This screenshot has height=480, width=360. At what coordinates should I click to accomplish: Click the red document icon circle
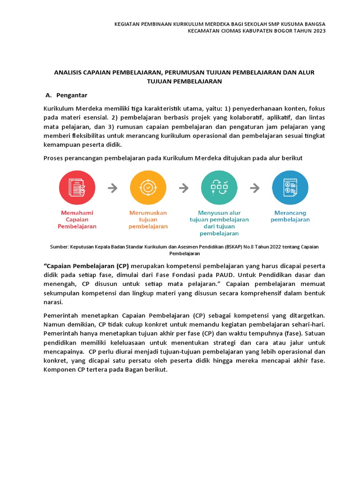click(77, 188)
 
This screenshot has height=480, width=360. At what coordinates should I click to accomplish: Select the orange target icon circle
click(148, 188)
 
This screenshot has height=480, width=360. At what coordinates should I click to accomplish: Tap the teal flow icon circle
click(219, 188)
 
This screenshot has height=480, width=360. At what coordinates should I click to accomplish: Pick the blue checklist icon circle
click(290, 188)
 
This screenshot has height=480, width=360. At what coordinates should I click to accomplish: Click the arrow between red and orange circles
click(112, 188)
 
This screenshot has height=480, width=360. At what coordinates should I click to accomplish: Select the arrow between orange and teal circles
click(184, 188)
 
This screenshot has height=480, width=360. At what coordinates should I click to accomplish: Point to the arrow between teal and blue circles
click(255, 188)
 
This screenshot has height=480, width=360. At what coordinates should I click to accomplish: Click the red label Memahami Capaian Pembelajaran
click(77, 219)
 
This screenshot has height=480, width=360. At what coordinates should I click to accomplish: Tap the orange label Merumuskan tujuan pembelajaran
click(148, 219)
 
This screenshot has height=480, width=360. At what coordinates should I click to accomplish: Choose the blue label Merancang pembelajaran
click(290, 216)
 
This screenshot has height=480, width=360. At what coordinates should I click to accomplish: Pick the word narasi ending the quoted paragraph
click(52, 302)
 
